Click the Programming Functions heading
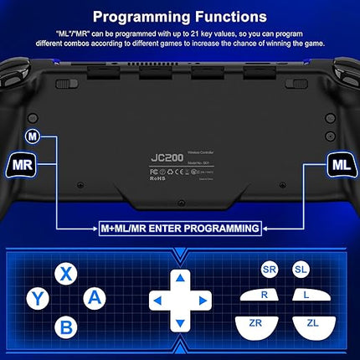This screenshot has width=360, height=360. coord(180,16)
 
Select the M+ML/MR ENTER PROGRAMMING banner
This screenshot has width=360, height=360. coord(180,227)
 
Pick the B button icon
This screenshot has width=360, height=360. coord(65,327)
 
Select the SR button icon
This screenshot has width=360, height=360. coord(270,270)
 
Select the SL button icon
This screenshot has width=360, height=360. coord(300,270)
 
